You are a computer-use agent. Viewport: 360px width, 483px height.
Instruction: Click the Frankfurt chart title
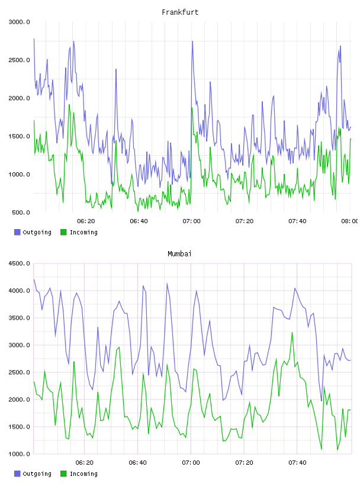click(180, 12)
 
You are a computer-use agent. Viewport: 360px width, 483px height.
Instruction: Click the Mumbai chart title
click(179, 254)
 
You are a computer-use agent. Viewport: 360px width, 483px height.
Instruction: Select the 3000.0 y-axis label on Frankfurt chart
click(19, 22)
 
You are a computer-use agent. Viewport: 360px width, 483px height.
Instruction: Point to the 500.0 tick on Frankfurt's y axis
click(21, 212)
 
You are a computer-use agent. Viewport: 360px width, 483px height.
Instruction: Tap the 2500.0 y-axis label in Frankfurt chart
click(19, 60)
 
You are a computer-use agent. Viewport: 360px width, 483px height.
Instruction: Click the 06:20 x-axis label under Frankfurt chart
click(86, 221)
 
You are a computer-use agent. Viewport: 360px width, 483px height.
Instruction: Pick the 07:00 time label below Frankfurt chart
click(191, 221)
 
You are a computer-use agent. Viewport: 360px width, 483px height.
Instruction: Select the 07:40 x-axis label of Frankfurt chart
click(297, 221)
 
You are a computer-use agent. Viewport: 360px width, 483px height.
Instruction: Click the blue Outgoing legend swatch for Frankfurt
click(17, 232)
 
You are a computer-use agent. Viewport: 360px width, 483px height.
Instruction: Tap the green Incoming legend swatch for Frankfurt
click(63, 232)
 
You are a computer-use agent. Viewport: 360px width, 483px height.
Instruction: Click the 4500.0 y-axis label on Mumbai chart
click(19, 263)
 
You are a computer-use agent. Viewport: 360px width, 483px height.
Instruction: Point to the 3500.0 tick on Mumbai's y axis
click(19, 318)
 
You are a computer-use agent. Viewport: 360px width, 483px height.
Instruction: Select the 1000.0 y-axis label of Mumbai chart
click(19, 454)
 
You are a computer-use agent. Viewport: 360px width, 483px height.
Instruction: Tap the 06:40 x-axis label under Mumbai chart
click(138, 463)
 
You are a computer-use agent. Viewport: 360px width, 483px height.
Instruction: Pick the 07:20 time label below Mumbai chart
click(244, 463)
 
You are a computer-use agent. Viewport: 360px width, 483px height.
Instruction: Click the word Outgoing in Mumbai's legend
click(37, 474)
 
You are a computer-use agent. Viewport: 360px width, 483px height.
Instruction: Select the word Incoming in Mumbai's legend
click(83, 474)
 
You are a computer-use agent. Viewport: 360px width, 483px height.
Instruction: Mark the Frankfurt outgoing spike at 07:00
click(192, 41)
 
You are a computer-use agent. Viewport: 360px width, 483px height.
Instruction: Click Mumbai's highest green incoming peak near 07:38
click(292, 333)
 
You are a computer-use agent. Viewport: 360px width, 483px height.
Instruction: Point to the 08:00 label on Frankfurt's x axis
click(350, 221)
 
